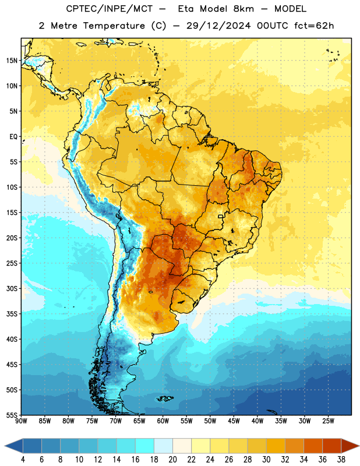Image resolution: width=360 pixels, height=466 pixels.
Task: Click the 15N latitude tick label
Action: pyautogui.click(x=12, y=61)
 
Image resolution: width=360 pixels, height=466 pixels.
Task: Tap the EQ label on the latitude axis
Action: pyautogui.click(x=13, y=137)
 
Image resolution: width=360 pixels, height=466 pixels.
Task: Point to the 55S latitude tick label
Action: pyautogui.click(x=12, y=415)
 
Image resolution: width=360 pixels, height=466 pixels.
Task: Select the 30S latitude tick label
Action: pyautogui.click(x=12, y=288)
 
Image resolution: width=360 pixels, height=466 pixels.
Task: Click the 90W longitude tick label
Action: pyautogui.click(x=21, y=421)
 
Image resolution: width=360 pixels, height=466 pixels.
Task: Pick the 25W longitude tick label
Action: pyautogui.click(x=328, y=421)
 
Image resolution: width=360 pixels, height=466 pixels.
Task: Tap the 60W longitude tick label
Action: pyautogui.click(x=163, y=421)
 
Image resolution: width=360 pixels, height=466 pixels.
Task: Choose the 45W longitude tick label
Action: pyautogui.click(x=234, y=421)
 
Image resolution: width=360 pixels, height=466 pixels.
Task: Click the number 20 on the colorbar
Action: pyautogui.click(x=172, y=460)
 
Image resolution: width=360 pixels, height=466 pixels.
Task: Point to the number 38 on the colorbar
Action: pyautogui.click(x=341, y=460)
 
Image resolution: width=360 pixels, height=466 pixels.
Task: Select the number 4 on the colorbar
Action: pyautogui.click(x=23, y=460)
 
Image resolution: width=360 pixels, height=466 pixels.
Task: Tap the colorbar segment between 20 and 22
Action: pyautogui.click(x=182, y=446)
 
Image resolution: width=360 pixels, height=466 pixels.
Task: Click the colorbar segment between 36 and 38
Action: pyautogui.click(x=332, y=446)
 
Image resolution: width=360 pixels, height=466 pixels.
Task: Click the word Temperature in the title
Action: pyautogui.click(x=114, y=26)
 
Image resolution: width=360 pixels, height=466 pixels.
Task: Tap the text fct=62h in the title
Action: pyautogui.click(x=314, y=26)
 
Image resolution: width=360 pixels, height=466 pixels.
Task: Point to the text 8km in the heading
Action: pyautogui.click(x=243, y=9)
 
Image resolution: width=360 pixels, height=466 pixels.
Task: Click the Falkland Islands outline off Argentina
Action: pyautogui.click(x=165, y=398)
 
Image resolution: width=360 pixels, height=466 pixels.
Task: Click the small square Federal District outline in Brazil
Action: pyautogui.click(x=221, y=216)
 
